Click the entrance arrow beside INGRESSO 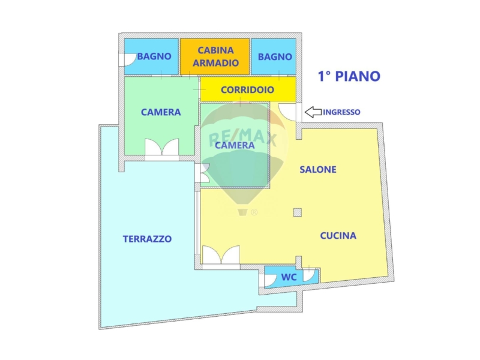click(x=313, y=112)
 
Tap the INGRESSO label click(x=341, y=112)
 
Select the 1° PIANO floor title click(x=349, y=76)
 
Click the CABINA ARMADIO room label click(x=215, y=56)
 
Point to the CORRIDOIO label click(x=247, y=89)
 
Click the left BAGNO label click(x=154, y=56)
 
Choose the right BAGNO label click(x=275, y=56)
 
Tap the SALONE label click(x=318, y=169)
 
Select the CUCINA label click(x=338, y=235)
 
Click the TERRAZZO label click(x=147, y=239)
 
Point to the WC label click(x=289, y=277)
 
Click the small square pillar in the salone click(x=297, y=212)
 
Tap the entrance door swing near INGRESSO click(x=287, y=112)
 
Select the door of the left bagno click(x=128, y=59)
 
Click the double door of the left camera click(x=161, y=148)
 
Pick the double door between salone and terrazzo click(x=220, y=255)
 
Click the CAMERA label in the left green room click(x=161, y=112)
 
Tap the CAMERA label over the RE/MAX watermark click(x=235, y=145)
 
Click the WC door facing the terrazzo click(x=269, y=280)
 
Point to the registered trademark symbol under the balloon click(x=254, y=212)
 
